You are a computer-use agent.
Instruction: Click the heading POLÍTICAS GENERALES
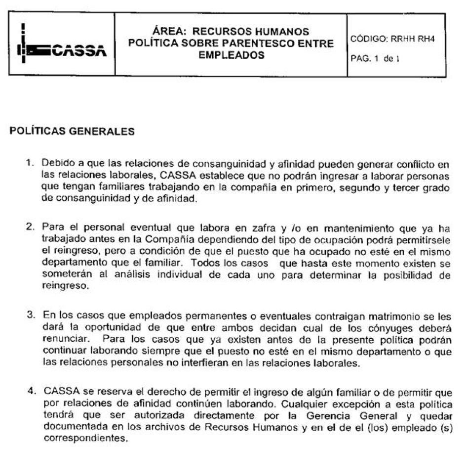click(72, 132)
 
